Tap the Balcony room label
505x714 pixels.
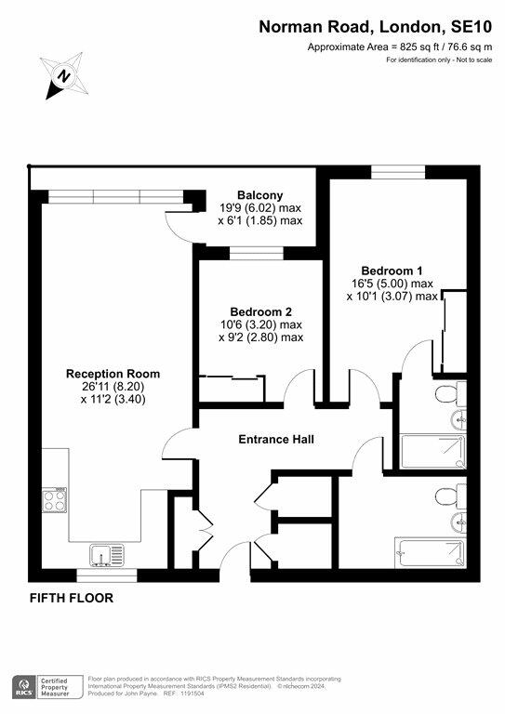253,194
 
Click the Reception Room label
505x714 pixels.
105,373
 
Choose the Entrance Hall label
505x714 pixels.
276,439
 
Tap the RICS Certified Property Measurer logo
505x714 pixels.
46,686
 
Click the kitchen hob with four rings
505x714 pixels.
55,501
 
